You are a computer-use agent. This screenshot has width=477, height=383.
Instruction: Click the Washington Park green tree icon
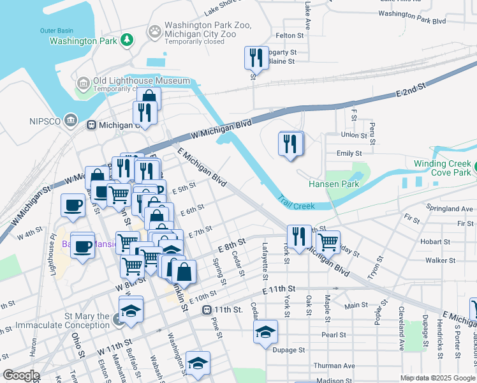[x=128, y=40]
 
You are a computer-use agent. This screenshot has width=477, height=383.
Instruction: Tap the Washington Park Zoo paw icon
[x=155, y=30]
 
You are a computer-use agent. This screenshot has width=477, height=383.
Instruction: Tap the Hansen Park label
[x=334, y=184]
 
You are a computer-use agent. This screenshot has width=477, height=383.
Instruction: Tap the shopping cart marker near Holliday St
[x=328, y=242]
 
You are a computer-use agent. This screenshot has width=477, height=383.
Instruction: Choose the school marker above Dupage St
[x=265, y=332]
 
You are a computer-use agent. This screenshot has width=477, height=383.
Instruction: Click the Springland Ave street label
[x=450, y=209]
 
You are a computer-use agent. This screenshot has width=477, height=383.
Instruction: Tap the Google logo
[x=21, y=375]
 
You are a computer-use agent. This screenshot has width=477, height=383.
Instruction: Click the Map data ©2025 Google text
[x=438, y=378]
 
